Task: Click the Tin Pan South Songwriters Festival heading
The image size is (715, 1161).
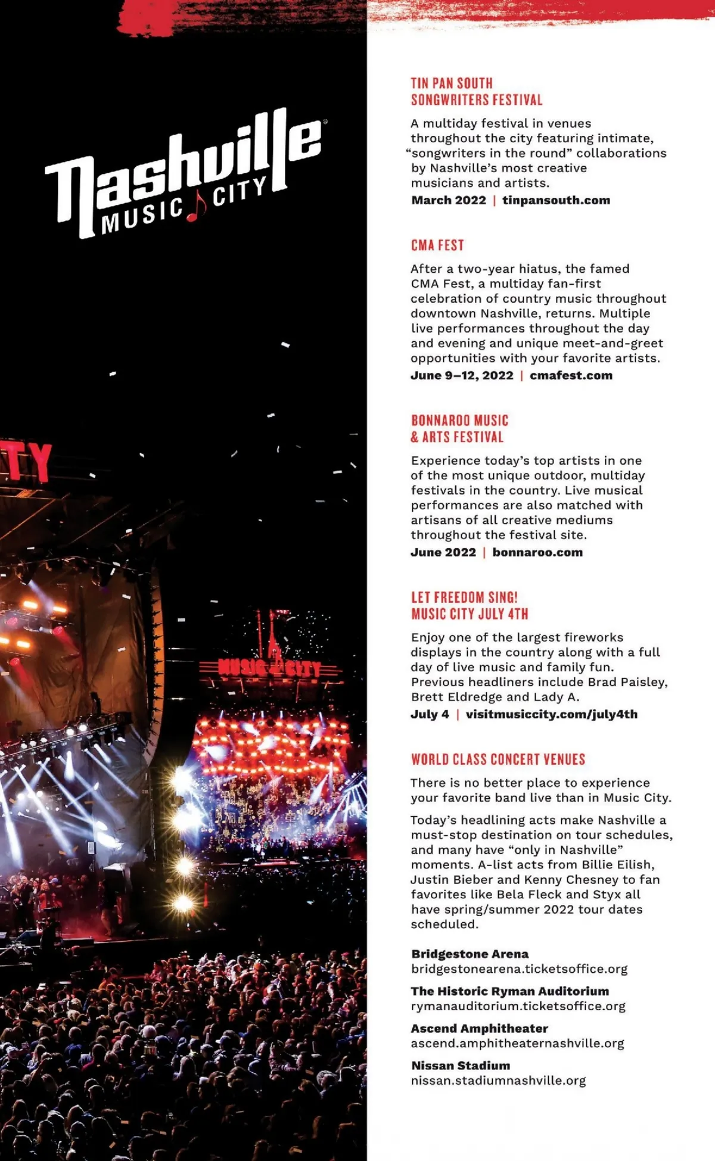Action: pos(476,92)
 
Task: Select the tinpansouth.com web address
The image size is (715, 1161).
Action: pos(556,200)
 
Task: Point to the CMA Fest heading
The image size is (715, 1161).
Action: pos(437,245)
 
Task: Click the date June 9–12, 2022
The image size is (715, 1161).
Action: pos(462,375)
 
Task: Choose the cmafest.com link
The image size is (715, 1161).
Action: pos(571,375)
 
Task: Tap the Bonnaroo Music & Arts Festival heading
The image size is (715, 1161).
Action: pos(459,429)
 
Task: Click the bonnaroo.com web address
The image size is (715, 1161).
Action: pos(537,552)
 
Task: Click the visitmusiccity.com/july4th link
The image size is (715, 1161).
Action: pos(551,714)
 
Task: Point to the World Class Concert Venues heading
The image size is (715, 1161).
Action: pos(498,760)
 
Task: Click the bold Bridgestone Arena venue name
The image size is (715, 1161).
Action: pos(470,954)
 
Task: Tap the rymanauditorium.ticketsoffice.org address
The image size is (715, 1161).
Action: pos(518,1006)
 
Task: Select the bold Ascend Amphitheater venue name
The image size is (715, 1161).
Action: pos(479,1028)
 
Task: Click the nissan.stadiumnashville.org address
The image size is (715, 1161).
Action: pos(498,1081)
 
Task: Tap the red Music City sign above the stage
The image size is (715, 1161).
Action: pos(269,667)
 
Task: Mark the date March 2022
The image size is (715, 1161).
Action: pos(449,200)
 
